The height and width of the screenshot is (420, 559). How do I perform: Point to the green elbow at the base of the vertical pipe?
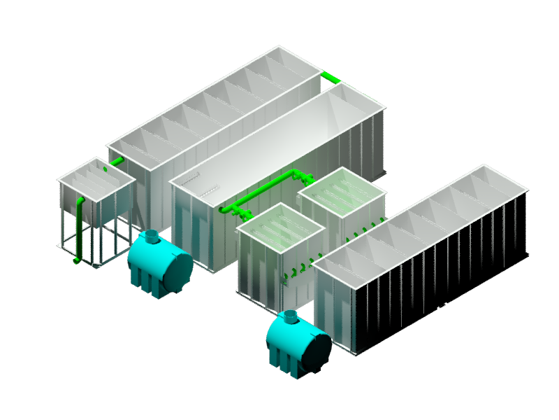[77, 260]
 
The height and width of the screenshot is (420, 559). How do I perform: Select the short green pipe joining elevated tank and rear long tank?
[116, 162]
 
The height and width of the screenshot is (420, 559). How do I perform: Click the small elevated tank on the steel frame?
[96, 192]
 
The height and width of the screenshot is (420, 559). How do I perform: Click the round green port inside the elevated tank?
[106, 169]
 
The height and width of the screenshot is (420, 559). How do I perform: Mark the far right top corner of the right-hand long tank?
[527, 189]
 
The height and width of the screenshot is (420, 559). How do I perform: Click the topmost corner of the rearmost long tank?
[279, 46]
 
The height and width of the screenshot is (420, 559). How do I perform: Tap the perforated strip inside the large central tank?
[208, 189]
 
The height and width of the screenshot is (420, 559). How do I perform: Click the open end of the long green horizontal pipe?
[223, 209]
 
